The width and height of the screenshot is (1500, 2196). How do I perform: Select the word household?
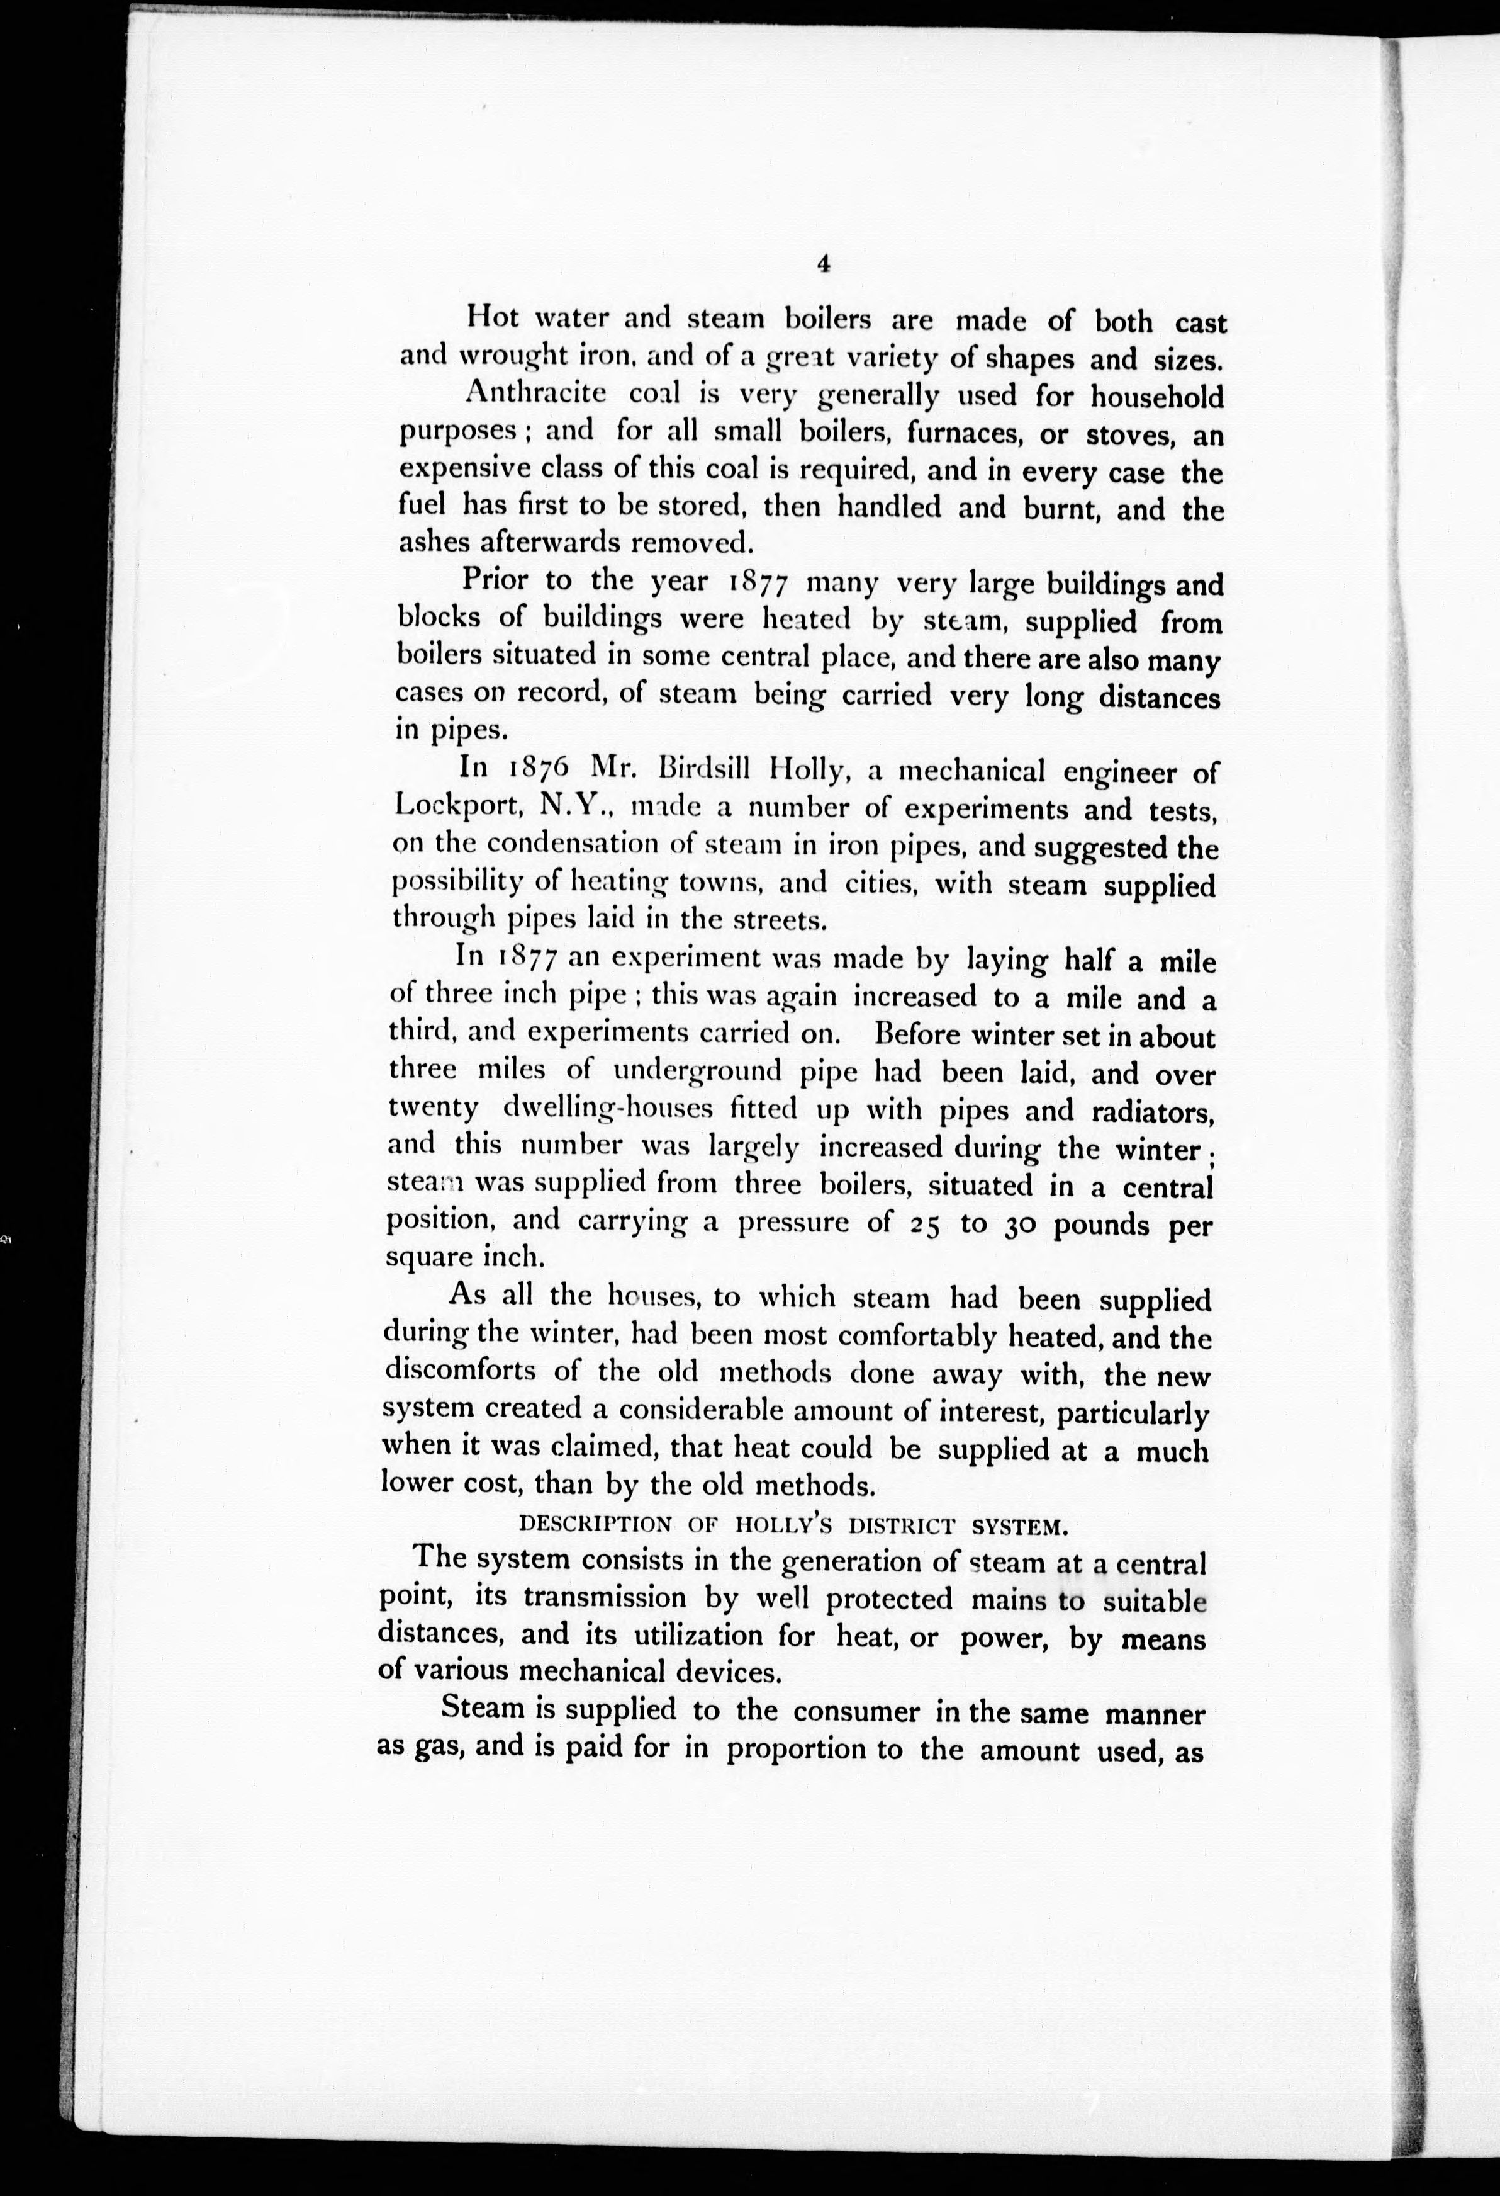click(1156, 396)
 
